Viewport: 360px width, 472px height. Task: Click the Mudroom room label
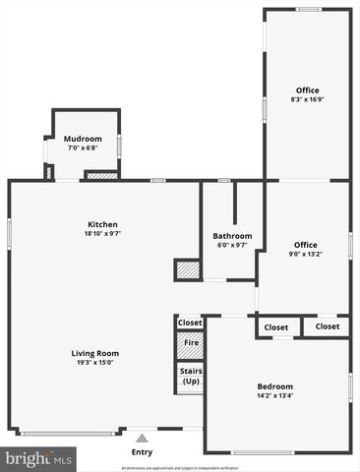[83, 139]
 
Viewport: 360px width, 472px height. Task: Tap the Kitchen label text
[102, 224]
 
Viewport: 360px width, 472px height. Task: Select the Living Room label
[94, 353]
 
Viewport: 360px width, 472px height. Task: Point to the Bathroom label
[232, 235]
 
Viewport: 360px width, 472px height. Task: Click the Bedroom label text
[274, 386]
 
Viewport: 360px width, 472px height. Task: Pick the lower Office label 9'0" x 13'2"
[305, 244]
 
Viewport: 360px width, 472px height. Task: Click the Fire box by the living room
[189, 344]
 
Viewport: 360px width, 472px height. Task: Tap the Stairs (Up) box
[189, 375]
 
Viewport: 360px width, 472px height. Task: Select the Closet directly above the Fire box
[189, 322]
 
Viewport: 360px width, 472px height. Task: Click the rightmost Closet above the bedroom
[327, 326]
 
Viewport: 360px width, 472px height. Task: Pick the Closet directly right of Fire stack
[276, 326]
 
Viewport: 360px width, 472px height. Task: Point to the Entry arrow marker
[142, 439]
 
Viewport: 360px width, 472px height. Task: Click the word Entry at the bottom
[142, 452]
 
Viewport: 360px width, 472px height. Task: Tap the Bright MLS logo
[39, 458]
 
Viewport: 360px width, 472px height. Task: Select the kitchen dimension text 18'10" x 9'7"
[102, 234]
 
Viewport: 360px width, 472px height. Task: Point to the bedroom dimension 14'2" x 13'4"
[274, 396]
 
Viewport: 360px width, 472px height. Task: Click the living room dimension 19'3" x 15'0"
[94, 363]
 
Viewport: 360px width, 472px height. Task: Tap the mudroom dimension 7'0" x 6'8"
[83, 148]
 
